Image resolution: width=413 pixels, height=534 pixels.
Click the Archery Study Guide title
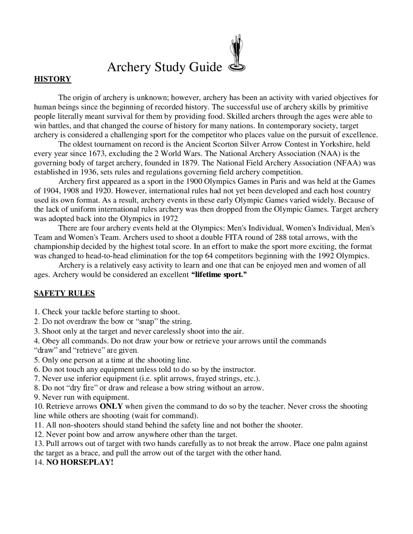[x=165, y=67]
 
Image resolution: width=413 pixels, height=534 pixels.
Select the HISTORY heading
[x=53, y=79]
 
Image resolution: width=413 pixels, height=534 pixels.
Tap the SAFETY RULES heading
[x=65, y=293]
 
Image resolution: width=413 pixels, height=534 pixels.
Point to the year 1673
[x=96, y=153]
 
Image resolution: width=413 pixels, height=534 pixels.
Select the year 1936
[x=88, y=172]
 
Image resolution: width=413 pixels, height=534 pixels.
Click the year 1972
[x=170, y=219]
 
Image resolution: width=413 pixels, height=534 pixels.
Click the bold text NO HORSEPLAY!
[x=80, y=462]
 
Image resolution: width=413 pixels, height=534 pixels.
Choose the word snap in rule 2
[x=146, y=321]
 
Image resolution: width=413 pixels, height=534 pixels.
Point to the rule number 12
[x=39, y=434]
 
